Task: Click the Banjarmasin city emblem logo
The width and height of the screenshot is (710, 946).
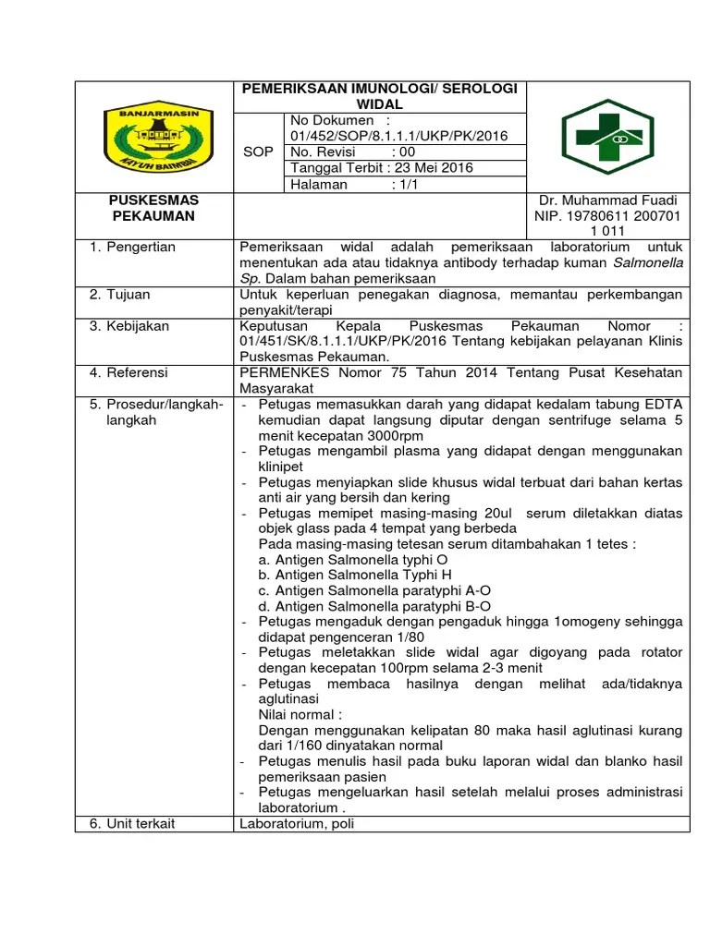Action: point(154,137)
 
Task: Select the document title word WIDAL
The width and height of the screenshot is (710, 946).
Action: point(380,104)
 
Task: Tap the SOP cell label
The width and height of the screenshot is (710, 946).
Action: point(257,152)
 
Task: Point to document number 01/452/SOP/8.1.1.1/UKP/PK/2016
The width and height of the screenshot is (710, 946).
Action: point(398,136)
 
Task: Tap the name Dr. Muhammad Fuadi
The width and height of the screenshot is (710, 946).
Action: point(607,200)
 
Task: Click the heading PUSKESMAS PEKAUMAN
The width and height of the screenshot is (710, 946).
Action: point(153,208)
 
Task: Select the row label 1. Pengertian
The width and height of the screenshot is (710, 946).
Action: point(132,248)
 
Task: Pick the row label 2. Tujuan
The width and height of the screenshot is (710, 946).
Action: point(120,294)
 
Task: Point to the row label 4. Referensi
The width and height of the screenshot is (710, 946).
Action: point(129,372)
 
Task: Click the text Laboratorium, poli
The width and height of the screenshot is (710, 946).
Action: point(297,823)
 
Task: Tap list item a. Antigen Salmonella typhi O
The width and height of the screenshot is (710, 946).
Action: point(354,560)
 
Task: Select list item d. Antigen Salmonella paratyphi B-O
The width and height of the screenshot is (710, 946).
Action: point(373,606)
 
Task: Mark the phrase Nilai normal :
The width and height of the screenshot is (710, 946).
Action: point(301,714)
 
